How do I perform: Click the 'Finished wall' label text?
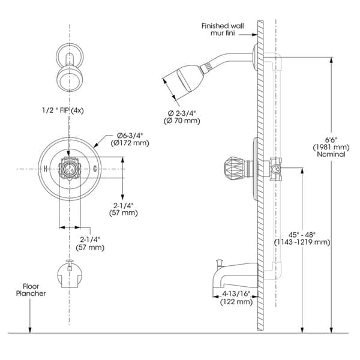[x=223, y=26]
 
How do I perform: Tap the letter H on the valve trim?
[x=46, y=169]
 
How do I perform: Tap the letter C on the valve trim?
[x=95, y=169]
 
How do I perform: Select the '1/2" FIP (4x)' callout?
[x=62, y=110]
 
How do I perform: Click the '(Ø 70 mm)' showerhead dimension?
[x=182, y=121]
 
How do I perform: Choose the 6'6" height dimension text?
[x=331, y=140]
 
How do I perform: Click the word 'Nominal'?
[x=331, y=154]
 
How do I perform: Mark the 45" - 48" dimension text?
[x=302, y=235]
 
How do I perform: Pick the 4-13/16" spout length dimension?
[x=236, y=293]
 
